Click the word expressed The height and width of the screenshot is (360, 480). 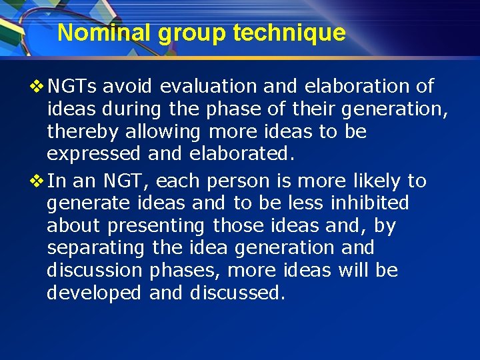click(93, 154)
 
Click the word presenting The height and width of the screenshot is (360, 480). click(157, 225)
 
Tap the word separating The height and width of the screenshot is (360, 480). click(95, 248)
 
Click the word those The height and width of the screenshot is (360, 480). click(238, 225)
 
